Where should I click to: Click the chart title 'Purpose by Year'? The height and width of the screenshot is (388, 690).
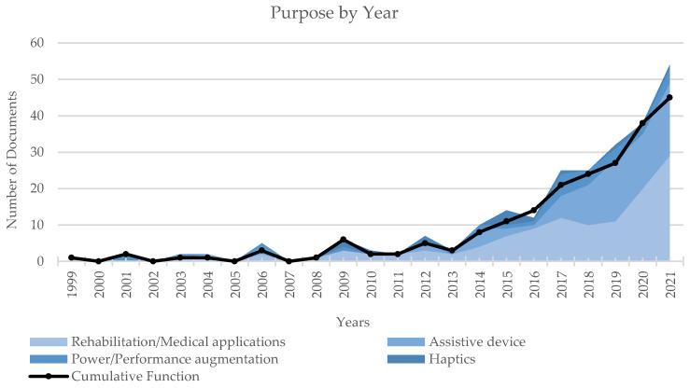click(345, 13)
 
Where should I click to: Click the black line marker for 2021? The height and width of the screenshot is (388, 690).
click(669, 97)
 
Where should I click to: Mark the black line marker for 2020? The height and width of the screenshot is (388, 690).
click(641, 123)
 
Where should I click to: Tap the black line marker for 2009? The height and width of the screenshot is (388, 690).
click(344, 240)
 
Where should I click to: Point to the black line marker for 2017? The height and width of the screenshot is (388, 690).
click(560, 185)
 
